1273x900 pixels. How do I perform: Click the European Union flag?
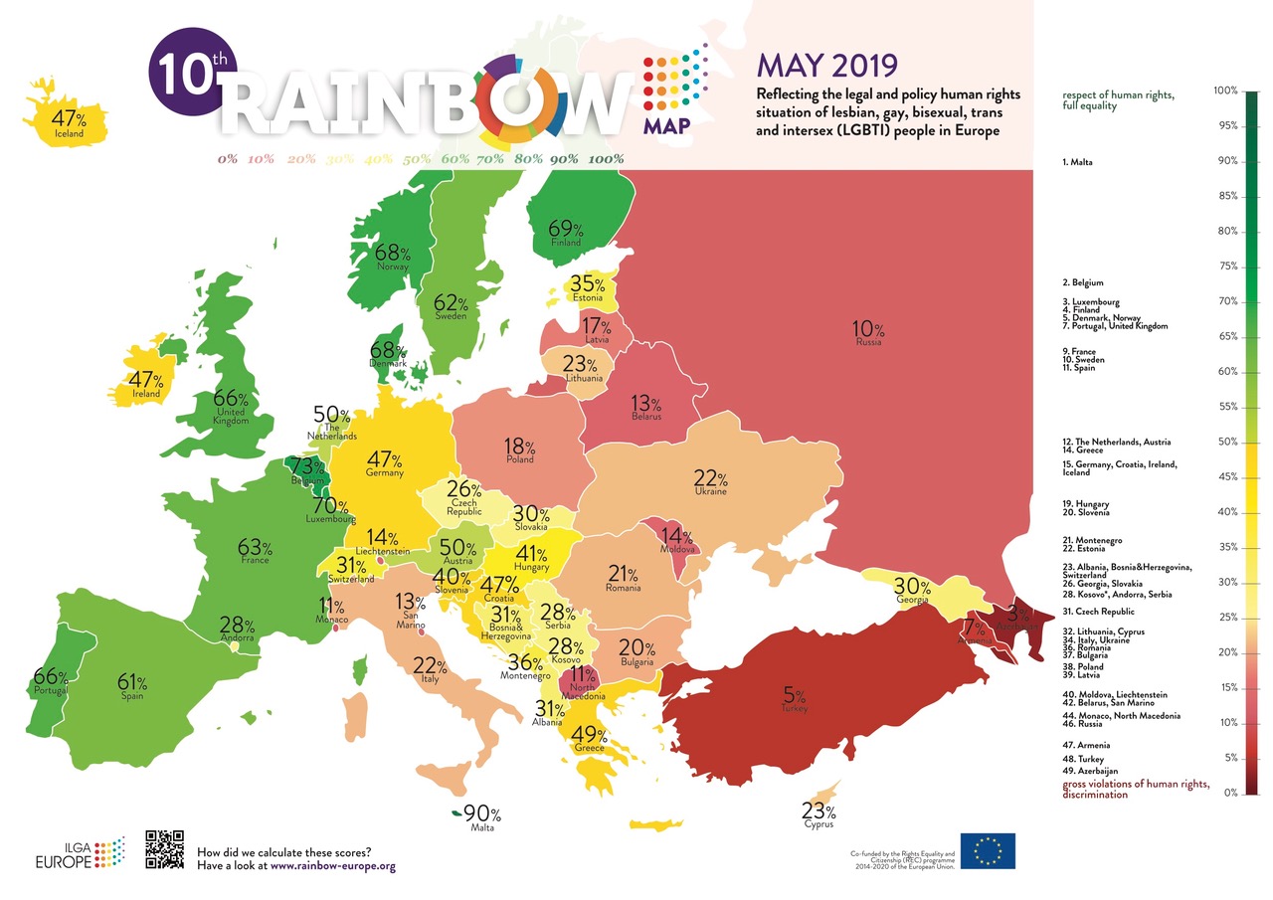[987, 851]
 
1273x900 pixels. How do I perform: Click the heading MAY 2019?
[826, 66]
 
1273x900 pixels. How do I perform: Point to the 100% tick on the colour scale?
[1225, 91]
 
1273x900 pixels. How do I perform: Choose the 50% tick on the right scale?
[1225, 442]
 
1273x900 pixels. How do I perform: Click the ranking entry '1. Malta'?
[1078, 161]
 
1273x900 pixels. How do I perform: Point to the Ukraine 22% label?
[710, 479]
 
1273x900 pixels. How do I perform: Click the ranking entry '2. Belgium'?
[1083, 283]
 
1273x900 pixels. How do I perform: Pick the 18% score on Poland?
[519, 448]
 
